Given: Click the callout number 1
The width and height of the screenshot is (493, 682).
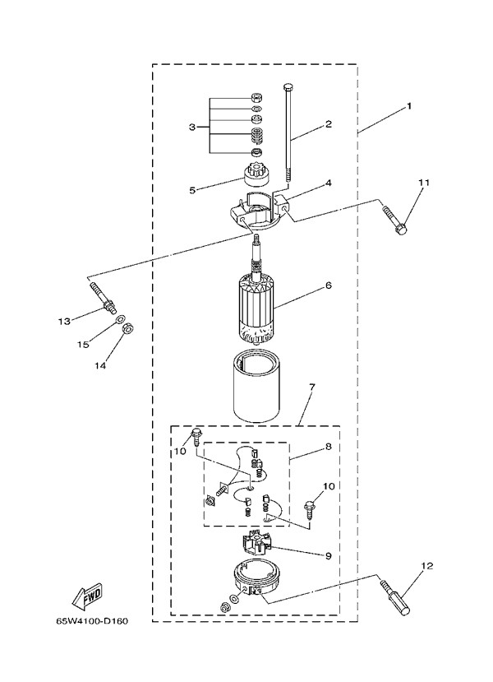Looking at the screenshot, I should pyautogui.click(x=408, y=106).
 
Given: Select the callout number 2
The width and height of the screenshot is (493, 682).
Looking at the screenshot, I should pyautogui.click(x=328, y=124).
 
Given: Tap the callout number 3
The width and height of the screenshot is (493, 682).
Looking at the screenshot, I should pyautogui.click(x=192, y=128).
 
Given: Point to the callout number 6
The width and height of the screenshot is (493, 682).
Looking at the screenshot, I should pyautogui.click(x=328, y=285).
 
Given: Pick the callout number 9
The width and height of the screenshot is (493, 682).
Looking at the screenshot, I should pyautogui.click(x=328, y=556).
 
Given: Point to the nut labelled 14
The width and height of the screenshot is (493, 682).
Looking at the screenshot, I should pyautogui.click(x=128, y=329).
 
